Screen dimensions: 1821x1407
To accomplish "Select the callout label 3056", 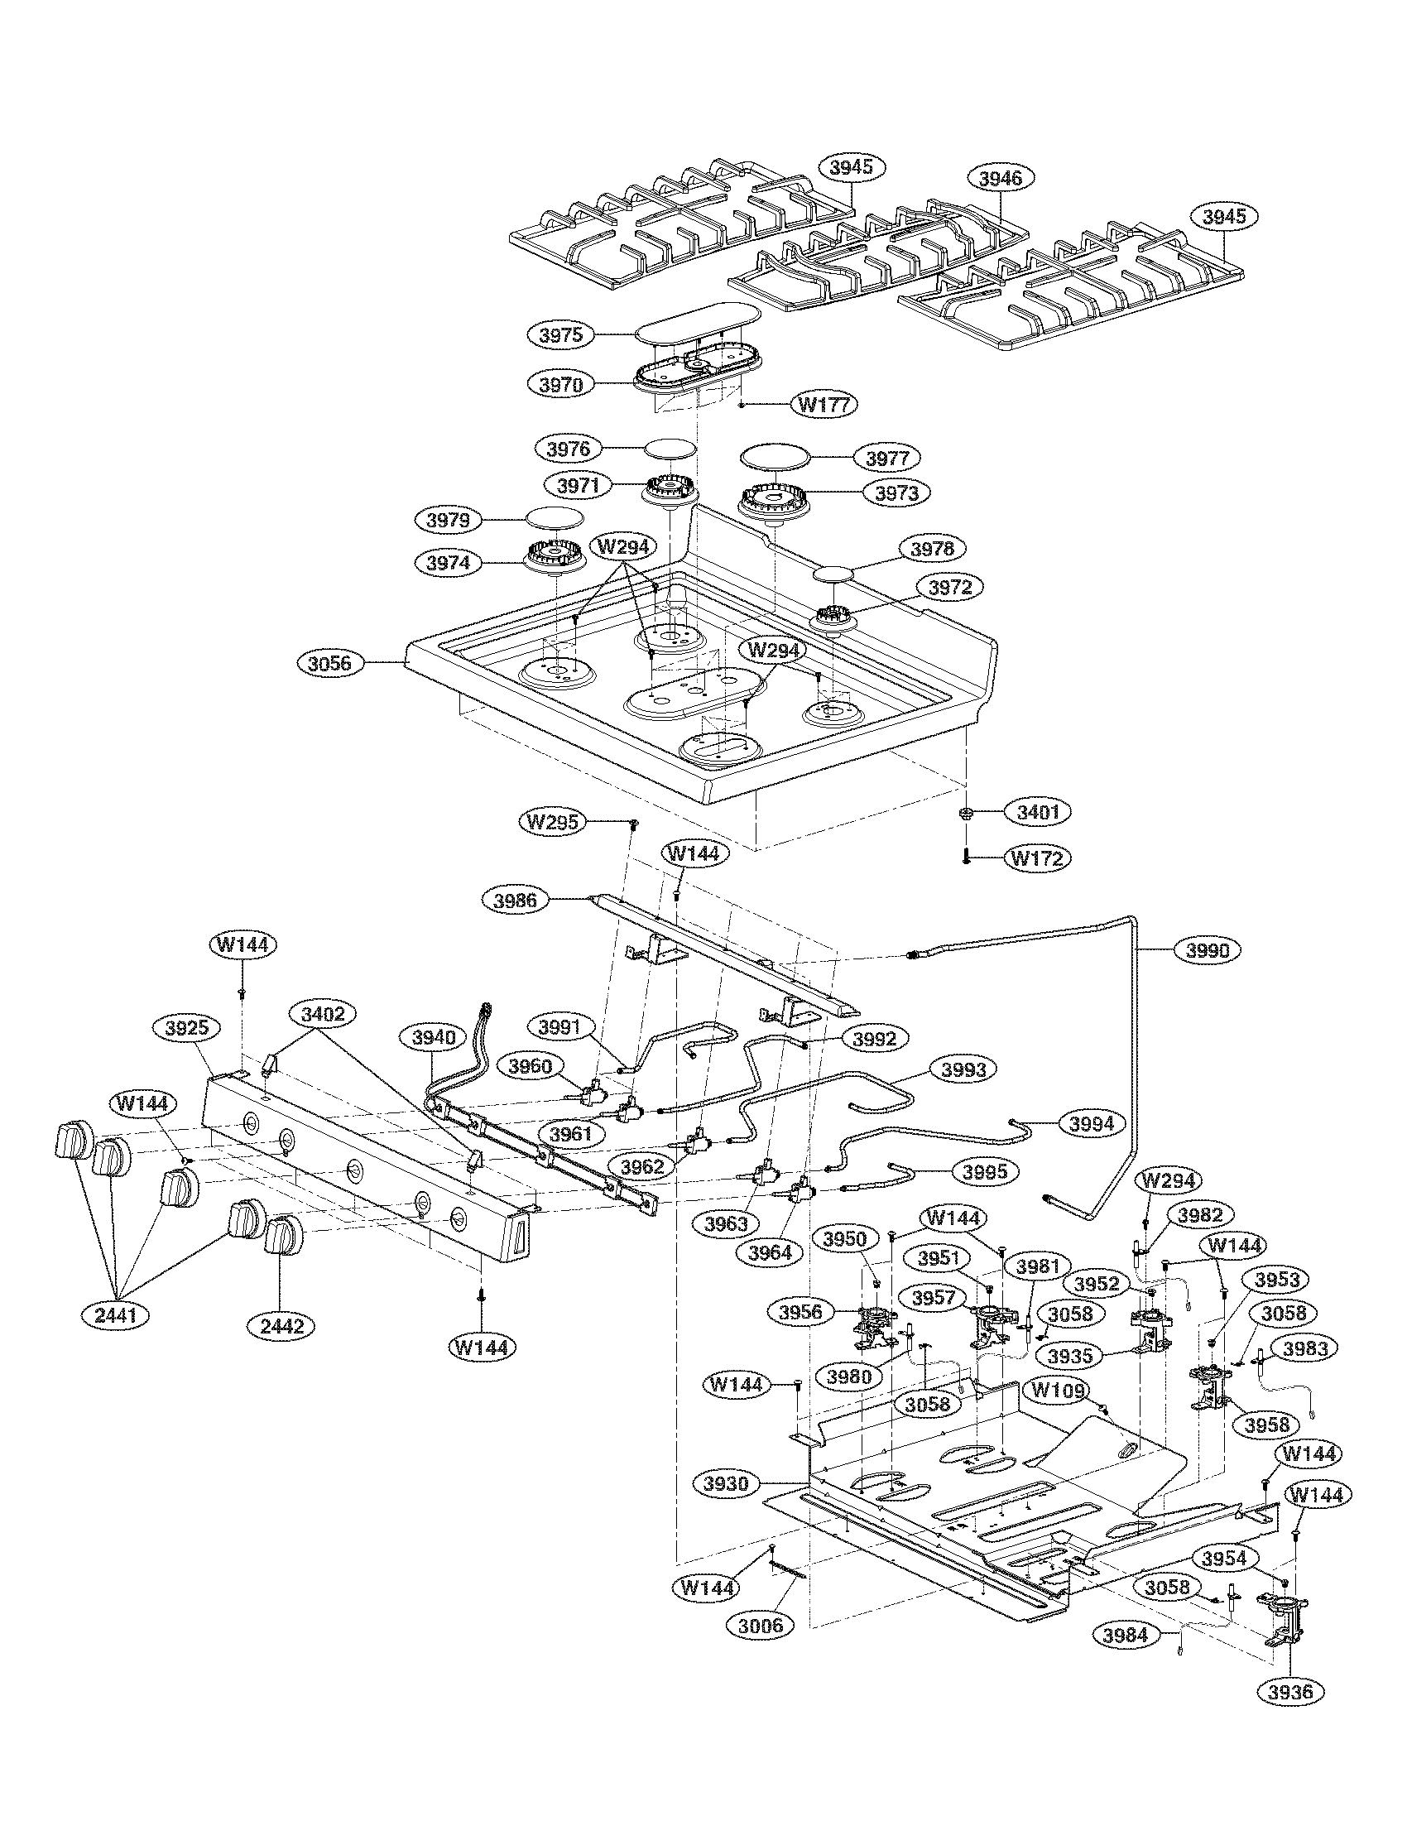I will tap(330, 664).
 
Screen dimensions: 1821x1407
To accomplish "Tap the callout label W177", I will tap(824, 406).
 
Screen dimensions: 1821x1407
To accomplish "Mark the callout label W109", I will tap(1059, 1390).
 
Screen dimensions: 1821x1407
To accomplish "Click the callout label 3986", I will tap(516, 900).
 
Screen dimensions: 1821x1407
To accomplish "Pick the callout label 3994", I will tap(1091, 1124).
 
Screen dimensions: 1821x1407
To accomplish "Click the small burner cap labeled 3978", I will tap(837, 574).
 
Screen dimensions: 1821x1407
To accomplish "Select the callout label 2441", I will tap(116, 1316).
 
